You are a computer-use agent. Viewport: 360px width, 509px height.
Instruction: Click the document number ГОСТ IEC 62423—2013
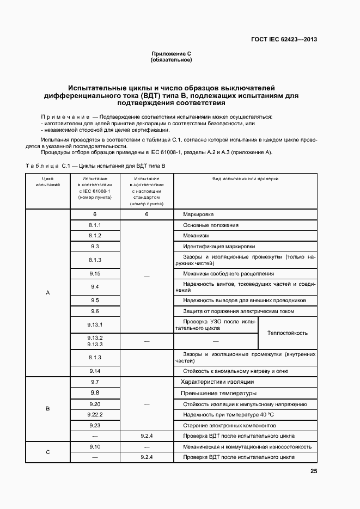coord(284,39)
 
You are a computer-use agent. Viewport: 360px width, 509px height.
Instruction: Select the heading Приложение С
coord(171,53)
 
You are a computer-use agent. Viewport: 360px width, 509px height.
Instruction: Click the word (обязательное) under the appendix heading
coord(171,59)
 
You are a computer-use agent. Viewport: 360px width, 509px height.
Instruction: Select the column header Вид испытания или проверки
coord(245,179)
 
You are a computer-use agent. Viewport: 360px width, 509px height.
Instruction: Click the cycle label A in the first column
coord(47,293)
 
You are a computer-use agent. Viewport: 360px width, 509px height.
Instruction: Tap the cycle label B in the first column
coord(47,408)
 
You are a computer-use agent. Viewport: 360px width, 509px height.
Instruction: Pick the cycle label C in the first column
coord(47,452)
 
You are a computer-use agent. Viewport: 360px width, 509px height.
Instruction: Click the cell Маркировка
coord(198,214)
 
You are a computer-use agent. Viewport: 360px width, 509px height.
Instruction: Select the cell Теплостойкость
coord(287,333)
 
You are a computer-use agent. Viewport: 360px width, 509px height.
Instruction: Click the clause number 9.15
coord(95,273)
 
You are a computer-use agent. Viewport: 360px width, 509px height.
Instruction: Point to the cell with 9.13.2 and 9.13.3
coord(95,341)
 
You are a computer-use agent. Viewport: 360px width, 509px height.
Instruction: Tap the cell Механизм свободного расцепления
coord(228,273)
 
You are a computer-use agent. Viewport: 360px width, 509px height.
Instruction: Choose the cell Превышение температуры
coord(218,393)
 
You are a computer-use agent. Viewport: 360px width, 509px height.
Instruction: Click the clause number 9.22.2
coord(95,414)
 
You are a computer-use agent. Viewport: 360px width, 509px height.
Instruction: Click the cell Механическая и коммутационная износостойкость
coord(247,446)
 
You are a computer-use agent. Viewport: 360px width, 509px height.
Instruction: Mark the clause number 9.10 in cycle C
coord(95,446)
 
